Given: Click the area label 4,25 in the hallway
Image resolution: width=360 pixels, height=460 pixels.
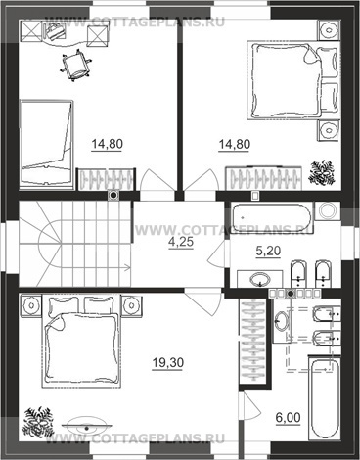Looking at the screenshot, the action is tap(181, 242).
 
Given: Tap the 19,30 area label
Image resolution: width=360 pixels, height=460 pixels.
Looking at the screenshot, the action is tap(168, 363).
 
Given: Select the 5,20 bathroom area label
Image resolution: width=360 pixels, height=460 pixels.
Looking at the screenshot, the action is tap(268, 251).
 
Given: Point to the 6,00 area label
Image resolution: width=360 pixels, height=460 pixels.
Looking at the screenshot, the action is tap(288, 418).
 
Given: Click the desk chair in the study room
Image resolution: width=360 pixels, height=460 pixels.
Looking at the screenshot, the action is tap(75, 65).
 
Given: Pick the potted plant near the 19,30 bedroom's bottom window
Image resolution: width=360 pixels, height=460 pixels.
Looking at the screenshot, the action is tap(37, 422).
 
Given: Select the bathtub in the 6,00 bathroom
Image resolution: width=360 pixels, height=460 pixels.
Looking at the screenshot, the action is tap(324, 400).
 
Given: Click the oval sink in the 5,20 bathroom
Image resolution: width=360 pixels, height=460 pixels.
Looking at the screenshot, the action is tap(260, 279).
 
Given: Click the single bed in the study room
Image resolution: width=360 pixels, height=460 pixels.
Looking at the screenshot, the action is tap(46, 144).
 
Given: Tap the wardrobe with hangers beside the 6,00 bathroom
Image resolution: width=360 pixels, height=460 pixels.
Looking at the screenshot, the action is tap(253, 341).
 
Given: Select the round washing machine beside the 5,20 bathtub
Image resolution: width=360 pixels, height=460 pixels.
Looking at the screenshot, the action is tap(327, 210).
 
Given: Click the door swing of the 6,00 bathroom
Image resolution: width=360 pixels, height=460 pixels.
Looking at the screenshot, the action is tap(250, 407).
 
